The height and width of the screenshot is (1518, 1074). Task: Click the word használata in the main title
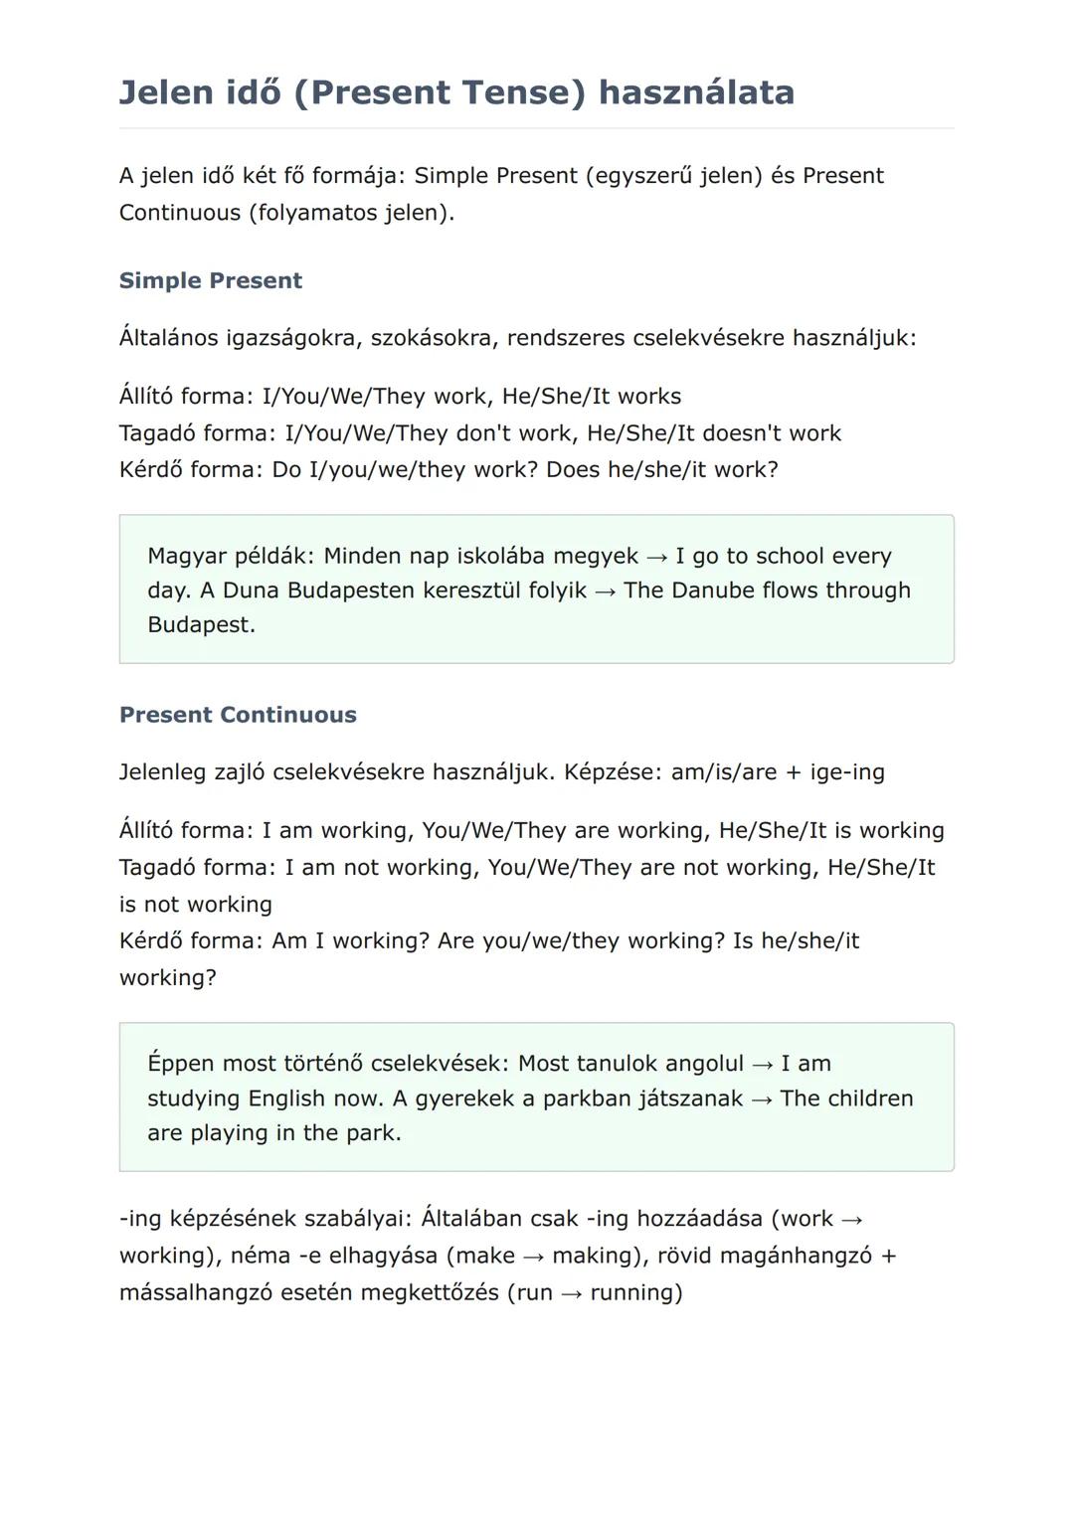[x=696, y=92]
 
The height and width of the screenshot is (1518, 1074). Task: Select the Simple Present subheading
[x=210, y=280]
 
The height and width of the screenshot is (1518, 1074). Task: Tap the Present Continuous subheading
[x=238, y=715]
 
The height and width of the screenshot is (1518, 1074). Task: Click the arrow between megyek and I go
[x=656, y=557]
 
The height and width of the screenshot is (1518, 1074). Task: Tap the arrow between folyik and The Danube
[x=605, y=591]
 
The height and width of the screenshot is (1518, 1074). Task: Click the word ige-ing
[x=847, y=772]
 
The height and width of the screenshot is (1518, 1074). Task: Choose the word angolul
[x=704, y=1064]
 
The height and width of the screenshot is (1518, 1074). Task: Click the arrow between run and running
[x=571, y=1293]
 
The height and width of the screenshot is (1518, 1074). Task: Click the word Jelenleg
[x=163, y=772]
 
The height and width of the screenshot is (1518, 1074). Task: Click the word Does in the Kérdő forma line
[x=573, y=469]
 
